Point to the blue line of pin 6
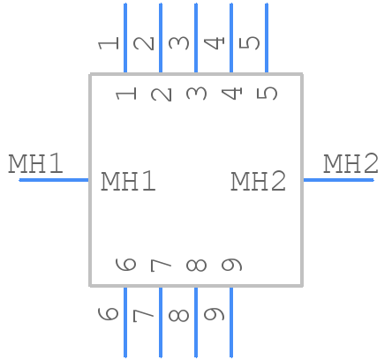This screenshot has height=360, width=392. tap(124, 321)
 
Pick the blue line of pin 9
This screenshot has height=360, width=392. tap(230, 321)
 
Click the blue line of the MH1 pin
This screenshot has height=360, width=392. tap(54, 180)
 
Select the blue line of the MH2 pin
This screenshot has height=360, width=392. tap(338, 180)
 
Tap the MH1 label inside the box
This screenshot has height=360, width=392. tap(129, 182)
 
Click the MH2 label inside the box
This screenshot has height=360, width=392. tap(259, 182)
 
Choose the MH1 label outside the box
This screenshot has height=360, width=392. tap(36, 164)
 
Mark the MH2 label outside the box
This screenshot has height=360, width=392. tap(351, 164)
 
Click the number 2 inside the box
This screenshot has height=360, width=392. tap(162, 91)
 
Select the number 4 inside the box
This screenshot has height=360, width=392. tap(232, 91)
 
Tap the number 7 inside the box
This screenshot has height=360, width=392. tap(162, 265)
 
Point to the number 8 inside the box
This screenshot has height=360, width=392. tap(197, 265)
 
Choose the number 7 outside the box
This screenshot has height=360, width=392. tap(144, 314)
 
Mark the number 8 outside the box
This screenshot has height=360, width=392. tap(179, 314)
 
